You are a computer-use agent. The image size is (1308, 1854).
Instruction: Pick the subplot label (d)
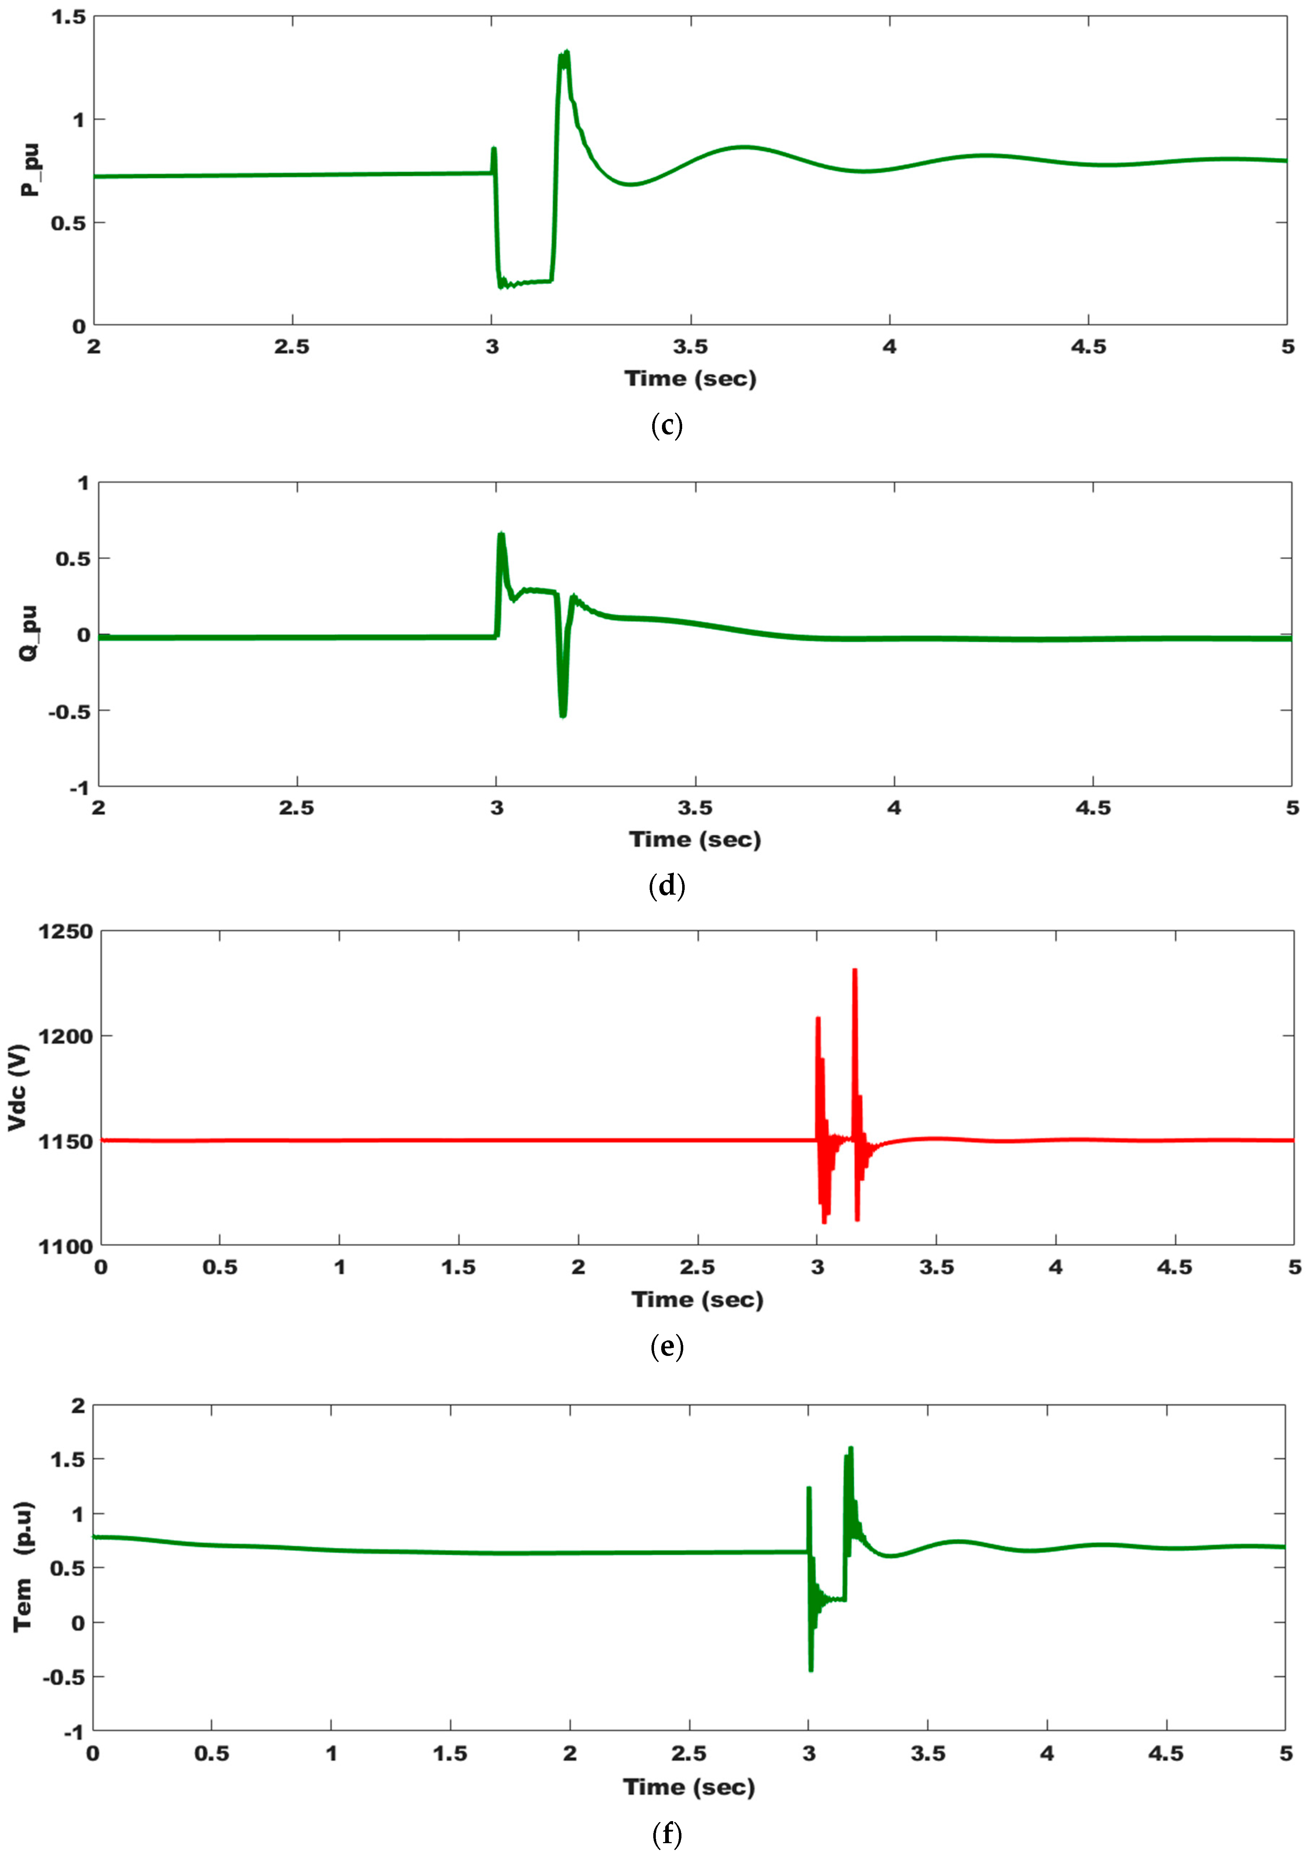point(666,886)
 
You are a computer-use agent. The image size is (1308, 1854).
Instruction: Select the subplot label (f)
point(666,1834)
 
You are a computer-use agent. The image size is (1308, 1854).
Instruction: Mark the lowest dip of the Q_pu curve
point(563,716)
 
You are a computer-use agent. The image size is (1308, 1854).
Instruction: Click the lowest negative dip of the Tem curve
point(811,1670)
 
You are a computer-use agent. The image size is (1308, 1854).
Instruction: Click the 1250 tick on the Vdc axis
point(65,932)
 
